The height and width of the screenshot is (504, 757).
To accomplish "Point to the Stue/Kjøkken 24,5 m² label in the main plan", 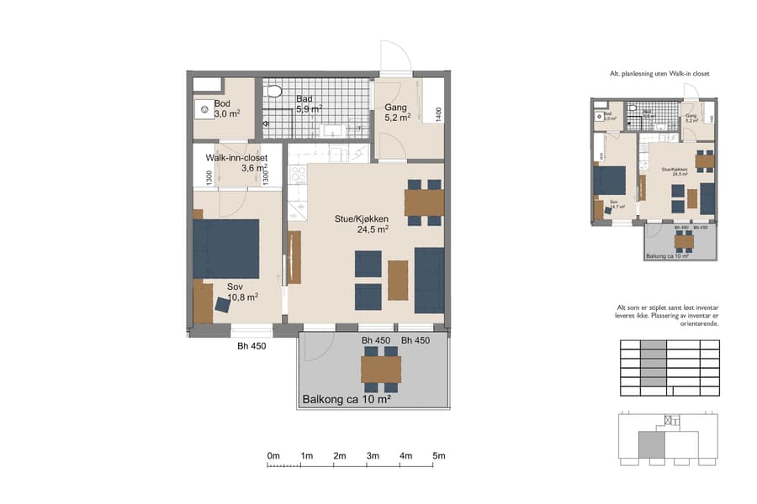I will pyautogui.click(x=361, y=223).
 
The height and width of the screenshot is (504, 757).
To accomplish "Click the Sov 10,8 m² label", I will pyautogui.click(x=241, y=291).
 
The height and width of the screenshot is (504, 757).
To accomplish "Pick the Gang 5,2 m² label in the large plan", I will pyautogui.click(x=397, y=113).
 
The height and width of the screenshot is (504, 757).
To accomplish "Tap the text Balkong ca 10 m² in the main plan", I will pyautogui.click(x=346, y=400).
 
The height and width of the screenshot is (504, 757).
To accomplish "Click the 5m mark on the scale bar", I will pyautogui.click(x=438, y=455).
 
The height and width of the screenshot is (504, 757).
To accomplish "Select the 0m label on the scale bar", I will pyautogui.click(x=273, y=455).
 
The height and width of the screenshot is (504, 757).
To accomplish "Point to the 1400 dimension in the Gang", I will pyautogui.click(x=437, y=113).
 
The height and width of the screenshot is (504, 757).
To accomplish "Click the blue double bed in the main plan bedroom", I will pyautogui.click(x=225, y=248).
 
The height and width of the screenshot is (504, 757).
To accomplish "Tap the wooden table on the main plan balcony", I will pyautogui.click(x=381, y=369).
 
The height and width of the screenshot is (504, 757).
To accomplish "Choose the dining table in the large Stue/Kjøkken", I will pyautogui.click(x=424, y=202).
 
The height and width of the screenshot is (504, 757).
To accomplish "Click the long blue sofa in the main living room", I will pyautogui.click(x=429, y=279).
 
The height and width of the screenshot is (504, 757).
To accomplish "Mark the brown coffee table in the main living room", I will pyautogui.click(x=398, y=280).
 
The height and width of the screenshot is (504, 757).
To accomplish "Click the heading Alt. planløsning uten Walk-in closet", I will pyautogui.click(x=659, y=74).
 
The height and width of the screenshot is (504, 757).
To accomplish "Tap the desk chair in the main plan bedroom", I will pyautogui.click(x=224, y=305).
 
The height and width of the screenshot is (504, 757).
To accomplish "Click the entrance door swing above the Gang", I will pyautogui.click(x=395, y=59).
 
